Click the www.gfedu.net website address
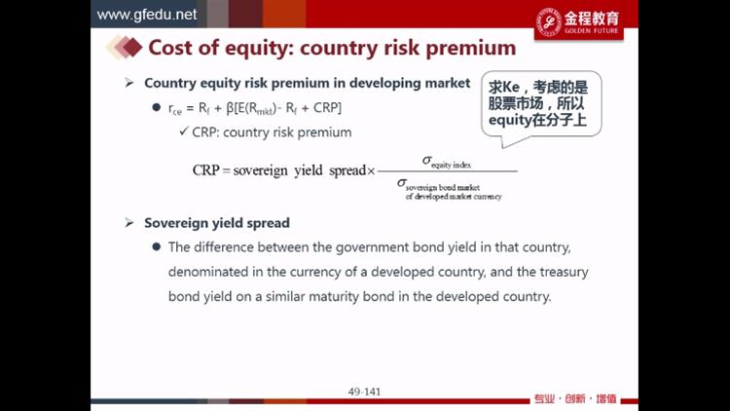[147, 15]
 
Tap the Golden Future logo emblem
[549, 21]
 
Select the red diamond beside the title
[132, 48]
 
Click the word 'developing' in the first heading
[378, 84]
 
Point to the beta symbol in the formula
[230, 108]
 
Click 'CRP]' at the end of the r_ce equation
[327, 108]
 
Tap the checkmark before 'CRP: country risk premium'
[184, 131]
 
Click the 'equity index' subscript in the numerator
[451, 165]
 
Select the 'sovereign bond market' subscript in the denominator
[442, 187]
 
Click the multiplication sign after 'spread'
[371, 171]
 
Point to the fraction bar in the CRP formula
[448, 171]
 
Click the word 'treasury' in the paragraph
[564, 272]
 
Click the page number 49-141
[364, 392]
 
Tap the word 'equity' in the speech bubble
[510, 121]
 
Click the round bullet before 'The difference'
[157, 246]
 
